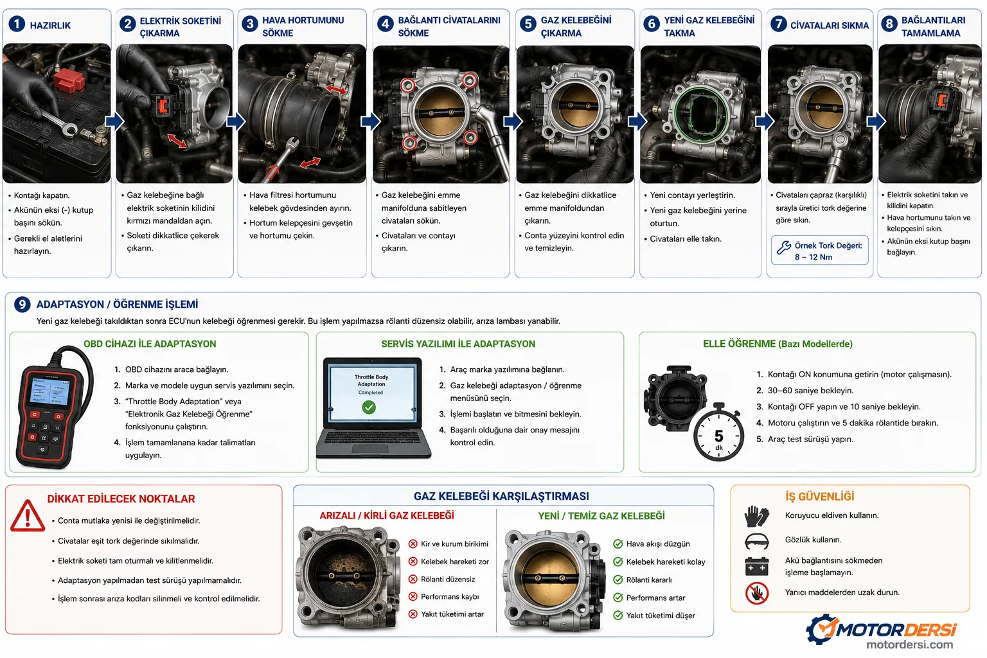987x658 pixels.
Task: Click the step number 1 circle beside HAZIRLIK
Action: click(x=17, y=24)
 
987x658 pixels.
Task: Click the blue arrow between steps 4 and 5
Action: click(x=513, y=121)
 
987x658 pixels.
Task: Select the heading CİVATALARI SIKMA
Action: click(x=830, y=26)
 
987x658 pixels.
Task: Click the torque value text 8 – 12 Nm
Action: click(x=814, y=257)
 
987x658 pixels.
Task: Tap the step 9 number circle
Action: click(x=22, y=304)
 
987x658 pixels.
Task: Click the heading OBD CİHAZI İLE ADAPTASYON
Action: click(x=150, y=344)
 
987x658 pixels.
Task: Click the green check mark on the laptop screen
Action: click(x=369, y=407)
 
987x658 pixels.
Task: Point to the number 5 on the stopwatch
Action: click(x=718, y=436)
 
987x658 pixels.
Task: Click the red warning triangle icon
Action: click(x=28, y=515)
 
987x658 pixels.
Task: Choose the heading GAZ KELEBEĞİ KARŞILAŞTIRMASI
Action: click(x=501, y=496)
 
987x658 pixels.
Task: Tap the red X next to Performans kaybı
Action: click(x=413, y=596)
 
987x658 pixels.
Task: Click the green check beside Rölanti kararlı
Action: click(x=618, y=580)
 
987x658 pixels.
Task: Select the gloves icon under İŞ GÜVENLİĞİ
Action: click(x=756, y=516)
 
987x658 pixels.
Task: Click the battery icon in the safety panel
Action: click(x=756, y=566)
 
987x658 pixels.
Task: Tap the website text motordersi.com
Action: click(x=909, y=645)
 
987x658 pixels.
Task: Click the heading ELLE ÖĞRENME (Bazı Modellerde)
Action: click(x=778, y=344)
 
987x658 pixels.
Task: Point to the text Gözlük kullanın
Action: click(x=813, y=540)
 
